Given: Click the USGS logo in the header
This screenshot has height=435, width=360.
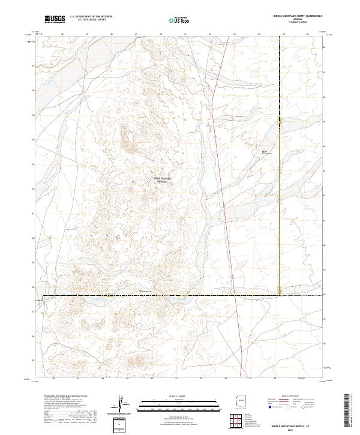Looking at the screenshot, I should click(54, 19).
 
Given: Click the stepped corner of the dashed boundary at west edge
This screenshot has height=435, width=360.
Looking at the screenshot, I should click(43, 298).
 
